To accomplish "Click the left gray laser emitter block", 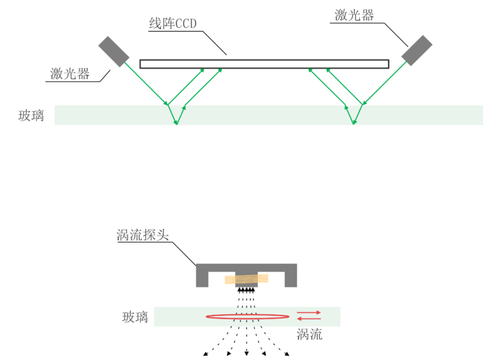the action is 114,52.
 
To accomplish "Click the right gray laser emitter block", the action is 417,50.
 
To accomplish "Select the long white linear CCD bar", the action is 264,63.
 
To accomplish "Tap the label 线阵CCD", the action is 173,24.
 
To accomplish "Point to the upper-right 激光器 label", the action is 354,15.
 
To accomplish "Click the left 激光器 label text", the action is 70,74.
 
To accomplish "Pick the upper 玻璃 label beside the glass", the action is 31,116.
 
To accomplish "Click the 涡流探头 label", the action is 143,235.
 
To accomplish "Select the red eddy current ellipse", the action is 248,316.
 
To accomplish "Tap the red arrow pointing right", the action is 309,312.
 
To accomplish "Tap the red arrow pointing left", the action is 309,319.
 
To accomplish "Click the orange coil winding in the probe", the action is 247,279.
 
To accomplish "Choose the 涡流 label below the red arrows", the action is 309,334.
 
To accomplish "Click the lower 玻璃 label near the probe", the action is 135,317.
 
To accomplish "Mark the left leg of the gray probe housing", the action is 202,279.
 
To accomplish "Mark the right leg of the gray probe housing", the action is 291,279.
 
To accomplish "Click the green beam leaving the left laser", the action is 146,84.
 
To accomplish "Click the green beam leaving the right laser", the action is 385,83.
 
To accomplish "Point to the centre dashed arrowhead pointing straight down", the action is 247,353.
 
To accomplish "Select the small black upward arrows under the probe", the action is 247,290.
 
